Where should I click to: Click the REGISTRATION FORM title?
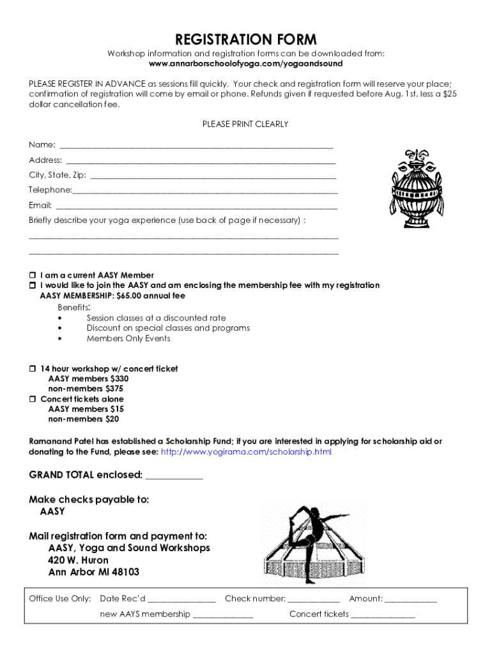(246, 40)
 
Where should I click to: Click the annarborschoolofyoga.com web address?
(246, 64)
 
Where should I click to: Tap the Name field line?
(196, 145)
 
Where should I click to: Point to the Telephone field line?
(205, 190)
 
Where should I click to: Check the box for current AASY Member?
(33, 275)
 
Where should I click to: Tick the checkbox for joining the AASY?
(33, 285)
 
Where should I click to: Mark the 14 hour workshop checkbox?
(33, 369)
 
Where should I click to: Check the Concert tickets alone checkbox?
(33, 399)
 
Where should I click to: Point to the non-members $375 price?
(86, 388)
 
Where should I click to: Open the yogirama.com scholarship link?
(246, 452)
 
